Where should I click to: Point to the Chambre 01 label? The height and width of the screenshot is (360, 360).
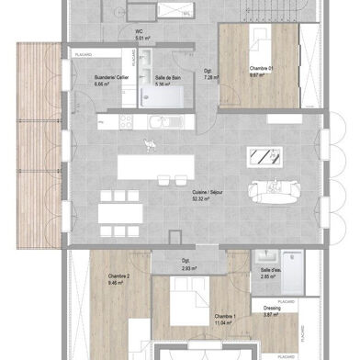coord(263,69)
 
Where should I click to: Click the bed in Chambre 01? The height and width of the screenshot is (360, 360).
coord(260,41)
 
